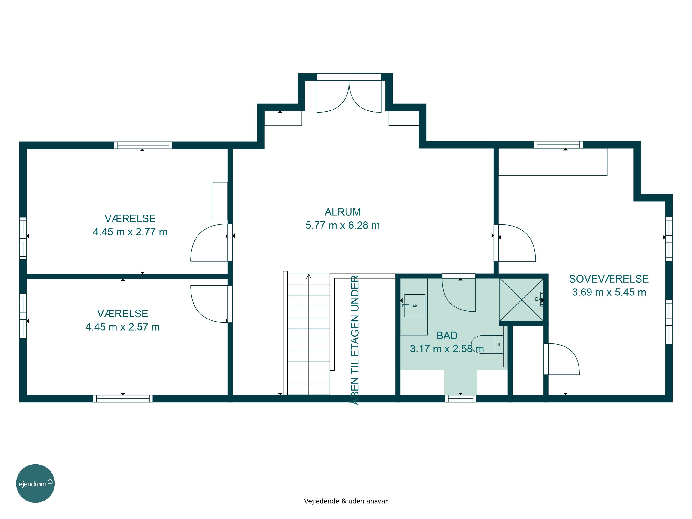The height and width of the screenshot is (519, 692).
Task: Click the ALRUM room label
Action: (x=343, y=212)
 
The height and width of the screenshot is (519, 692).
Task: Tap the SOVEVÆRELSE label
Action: (x=609, y=279)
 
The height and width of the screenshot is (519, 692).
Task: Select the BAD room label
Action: (x=447, y=335)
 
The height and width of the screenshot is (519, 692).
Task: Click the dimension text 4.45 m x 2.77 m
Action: (x=130, y=232)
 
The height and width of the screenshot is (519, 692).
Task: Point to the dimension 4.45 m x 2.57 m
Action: (x=123, y=327)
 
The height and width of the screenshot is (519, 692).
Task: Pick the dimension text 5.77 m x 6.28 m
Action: (x=343, y=225)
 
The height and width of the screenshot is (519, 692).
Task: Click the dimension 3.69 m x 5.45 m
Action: (x=609, y=292)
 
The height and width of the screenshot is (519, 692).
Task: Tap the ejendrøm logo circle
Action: (x=35, y=483)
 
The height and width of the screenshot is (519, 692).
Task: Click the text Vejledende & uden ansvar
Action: (x=346, y=501)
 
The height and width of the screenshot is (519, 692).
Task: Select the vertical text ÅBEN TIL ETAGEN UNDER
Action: (x=355, y=340)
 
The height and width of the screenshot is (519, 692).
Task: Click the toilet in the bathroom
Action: (x=487, y=344)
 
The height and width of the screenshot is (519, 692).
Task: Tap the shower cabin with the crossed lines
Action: (x=522, y=299)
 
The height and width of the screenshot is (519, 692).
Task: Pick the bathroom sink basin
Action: (x=415, y=306)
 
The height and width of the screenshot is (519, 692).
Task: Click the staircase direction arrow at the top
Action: (x=309, y=277)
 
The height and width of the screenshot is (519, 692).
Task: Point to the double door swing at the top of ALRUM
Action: (x=349, y=96)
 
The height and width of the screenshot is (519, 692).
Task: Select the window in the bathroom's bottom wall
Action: (x=460, y=399)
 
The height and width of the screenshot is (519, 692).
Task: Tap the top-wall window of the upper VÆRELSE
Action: (x=143, y=145)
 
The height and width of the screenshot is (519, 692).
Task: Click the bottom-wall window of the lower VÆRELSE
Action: (x=123, y=399)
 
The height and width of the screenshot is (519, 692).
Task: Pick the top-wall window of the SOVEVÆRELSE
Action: (x=558, y=145)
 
